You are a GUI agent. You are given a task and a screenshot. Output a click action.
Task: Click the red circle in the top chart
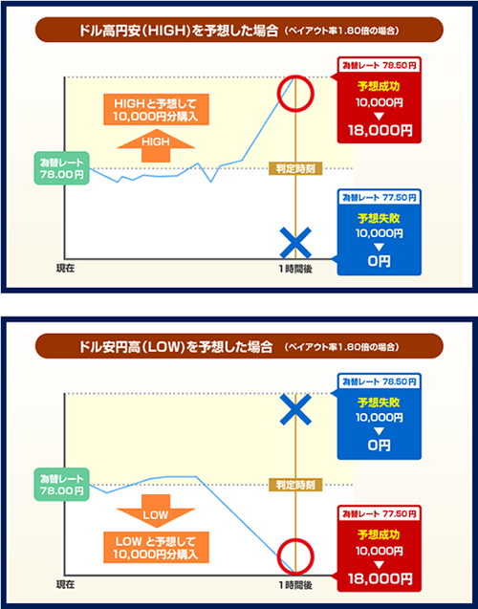(x=295, y=92)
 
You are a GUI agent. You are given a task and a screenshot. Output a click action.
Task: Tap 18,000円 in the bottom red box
(x=380, y=579)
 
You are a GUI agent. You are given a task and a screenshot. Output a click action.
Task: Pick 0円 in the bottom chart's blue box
(x=379, y=446)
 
